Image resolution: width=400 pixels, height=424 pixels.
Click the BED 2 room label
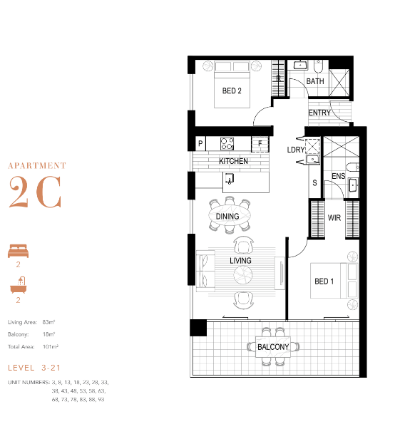pos(232,91)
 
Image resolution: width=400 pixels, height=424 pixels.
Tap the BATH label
pos(315,81)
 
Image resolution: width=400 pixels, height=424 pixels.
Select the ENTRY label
pos(319,113)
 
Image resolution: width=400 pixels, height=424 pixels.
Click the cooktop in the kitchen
pos(227,143)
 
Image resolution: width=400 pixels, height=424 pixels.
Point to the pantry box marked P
pos(200,143)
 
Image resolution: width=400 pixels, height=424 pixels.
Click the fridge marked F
pos(260,144)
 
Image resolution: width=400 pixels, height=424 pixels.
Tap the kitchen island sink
pos(229,178)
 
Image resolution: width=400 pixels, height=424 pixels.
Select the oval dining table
pos(229,215)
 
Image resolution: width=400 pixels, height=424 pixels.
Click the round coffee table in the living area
pos(243,275)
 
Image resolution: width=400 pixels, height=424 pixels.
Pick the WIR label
pos(334,217)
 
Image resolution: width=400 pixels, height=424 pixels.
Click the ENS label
pos(338,176)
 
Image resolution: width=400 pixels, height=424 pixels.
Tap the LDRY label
pos(296,150)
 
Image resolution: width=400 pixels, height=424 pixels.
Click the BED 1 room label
pos(324,281)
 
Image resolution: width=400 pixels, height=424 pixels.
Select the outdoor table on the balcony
pos(273,346)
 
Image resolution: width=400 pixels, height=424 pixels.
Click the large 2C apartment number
pos(35,192)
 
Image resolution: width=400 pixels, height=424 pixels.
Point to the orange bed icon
pos(18,251)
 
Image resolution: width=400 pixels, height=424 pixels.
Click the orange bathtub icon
pos(19,285)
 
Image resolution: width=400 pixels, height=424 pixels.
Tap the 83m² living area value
pos(48,322)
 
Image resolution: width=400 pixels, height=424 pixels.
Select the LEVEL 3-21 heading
pos(34,368)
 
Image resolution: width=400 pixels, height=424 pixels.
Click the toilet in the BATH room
pos(318,66)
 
